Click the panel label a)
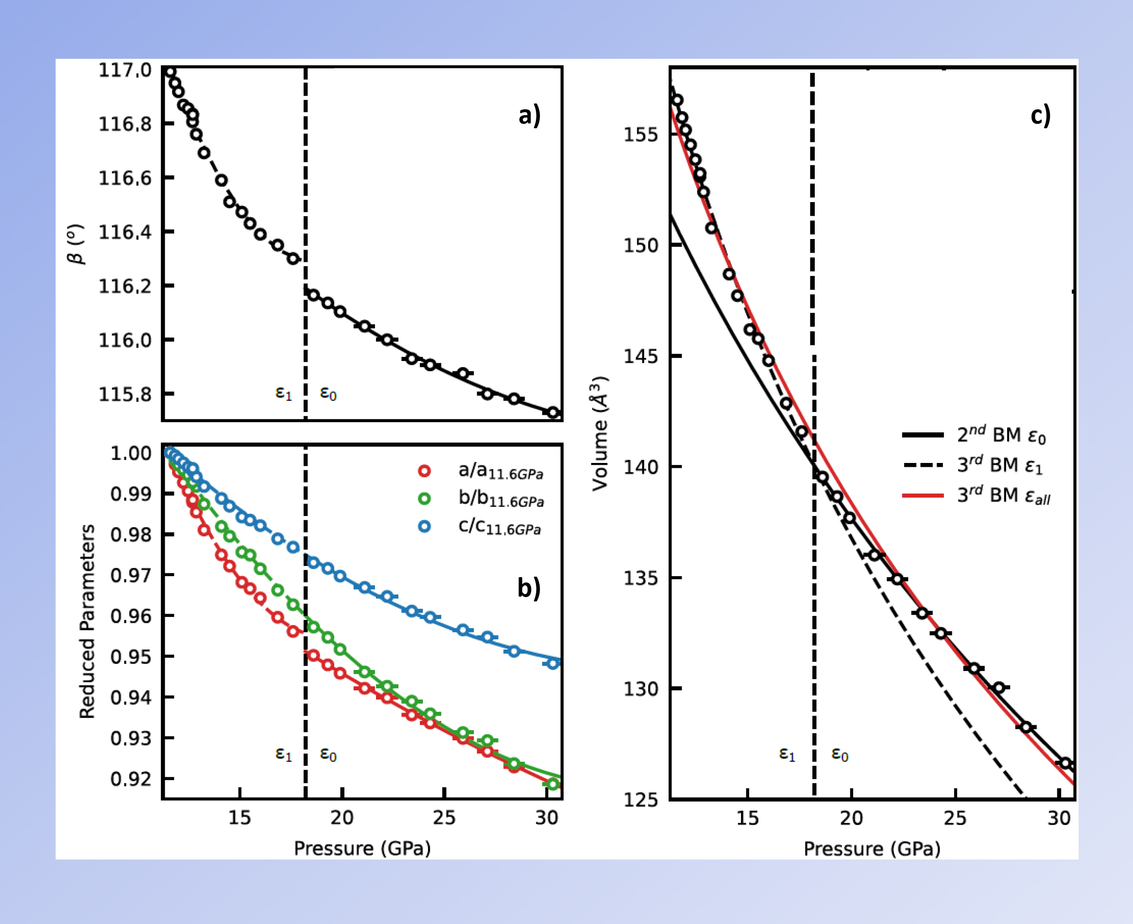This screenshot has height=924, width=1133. pyautogui.click(x=530, y=115)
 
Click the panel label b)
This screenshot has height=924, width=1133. pyautogui.click(x=529, y=588)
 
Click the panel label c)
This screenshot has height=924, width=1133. pyautogui.click(x=1040, y=115)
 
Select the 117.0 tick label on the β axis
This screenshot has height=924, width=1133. pyautogui.click(x=125, y=70)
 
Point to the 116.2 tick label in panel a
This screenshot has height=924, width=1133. pyautogui.click(x=125, y=286)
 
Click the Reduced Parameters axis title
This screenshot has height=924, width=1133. pyautogui.click(x=87, y=621)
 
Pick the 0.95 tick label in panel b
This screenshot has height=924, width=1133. pyautogui.click(x=131, y=657)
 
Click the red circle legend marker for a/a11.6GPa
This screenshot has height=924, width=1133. pyautogui.click(x=424, y=471)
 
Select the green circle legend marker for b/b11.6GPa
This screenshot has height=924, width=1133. pyautogui.click(x=424, y=499)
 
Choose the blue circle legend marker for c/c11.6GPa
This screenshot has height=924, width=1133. pyautogui.click(x=424, y=527)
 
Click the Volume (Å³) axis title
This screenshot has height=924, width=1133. pyautogui.click(x=600, y=433)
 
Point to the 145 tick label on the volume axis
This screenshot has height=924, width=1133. pyautogui.click(x=641, y=356)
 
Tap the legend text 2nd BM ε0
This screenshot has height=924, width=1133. pyautogui.click(x=1001, y=435)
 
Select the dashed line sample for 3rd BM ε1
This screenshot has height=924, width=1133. pyautogui.click(x=923, y=465)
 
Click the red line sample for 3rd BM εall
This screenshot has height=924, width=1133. pyautogui.click(x=923, y=496)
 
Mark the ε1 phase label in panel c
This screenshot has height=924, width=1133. pyautogui.click(x=787, y=753)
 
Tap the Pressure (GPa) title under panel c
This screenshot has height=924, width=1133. pyautogui.click(x=872, y=848)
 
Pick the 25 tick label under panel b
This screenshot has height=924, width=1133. pyautogui.click(x=444, y=817)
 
